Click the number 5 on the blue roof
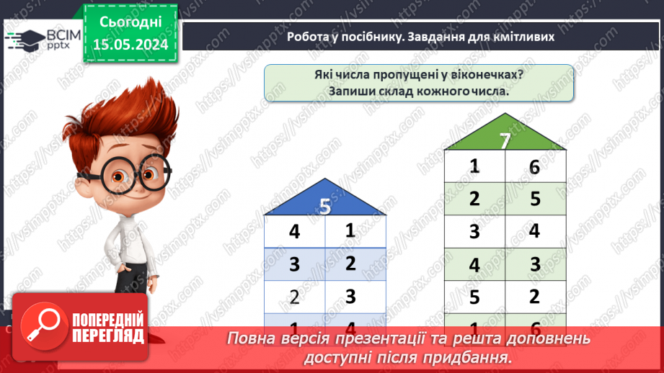pyautogui.click(x=324, y=207)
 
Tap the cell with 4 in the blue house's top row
pyautogui.click(x=294, y=233)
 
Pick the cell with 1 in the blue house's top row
pyautogui.click(x=350, y=231)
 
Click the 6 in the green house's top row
pyautogui.click(x=534, y=167)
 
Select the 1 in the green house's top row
pyautogui.click(x=474, y=166)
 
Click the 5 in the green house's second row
pyautogui.click(x=535, y=199)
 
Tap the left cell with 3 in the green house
pyautogui.click(x=474, y=232)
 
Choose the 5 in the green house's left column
pyautogui.click(x=474, y=296)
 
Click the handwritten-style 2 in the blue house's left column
pyautogui.click(x=294, y=296)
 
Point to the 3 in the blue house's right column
pyautogui.click(x=350, y=295)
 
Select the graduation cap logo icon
pyautogui.click(x=27, y=40)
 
